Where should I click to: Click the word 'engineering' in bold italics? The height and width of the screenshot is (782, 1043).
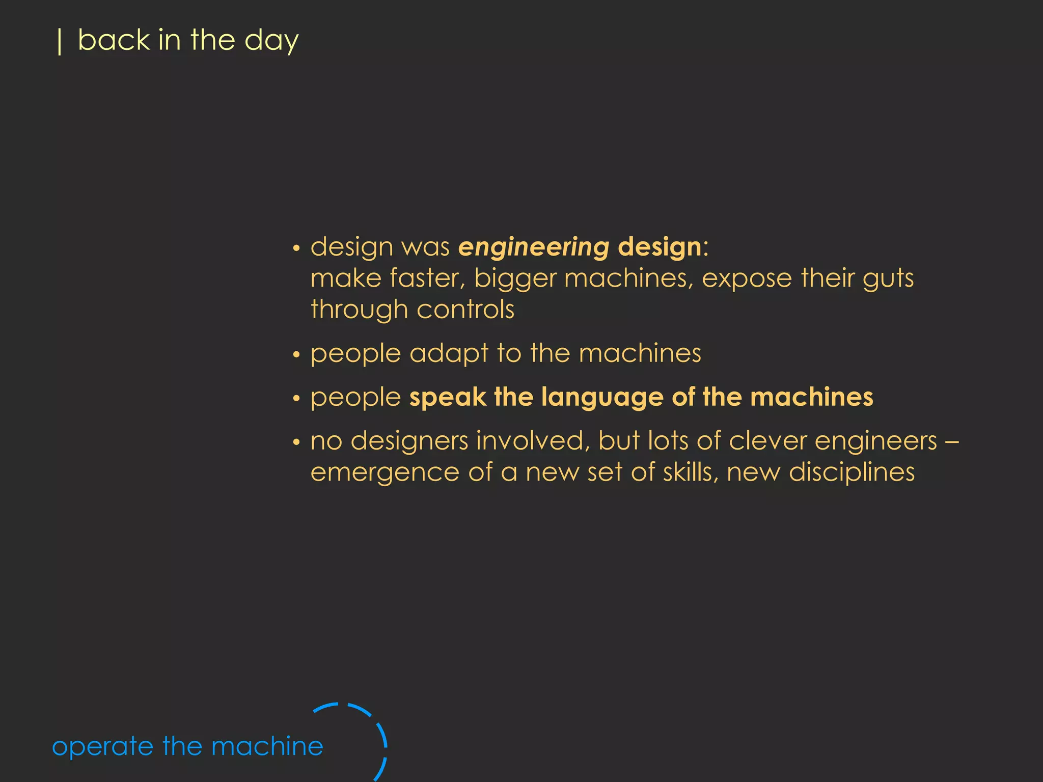(x=533, y=248)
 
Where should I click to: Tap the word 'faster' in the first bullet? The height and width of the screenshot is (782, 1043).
(x=427, y=278)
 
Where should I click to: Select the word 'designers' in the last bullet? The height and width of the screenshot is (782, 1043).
(x=409, y=441)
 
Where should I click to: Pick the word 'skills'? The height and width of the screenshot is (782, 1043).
(x=690, y=472)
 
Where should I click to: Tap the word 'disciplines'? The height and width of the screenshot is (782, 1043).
(x=852, y=473)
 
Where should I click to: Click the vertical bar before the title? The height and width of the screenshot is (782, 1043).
(x=60, y=42)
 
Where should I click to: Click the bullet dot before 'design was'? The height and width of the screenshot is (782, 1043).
(x=296, y=249)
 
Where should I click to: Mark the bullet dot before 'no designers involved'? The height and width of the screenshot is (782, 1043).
(x=296, y=442)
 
